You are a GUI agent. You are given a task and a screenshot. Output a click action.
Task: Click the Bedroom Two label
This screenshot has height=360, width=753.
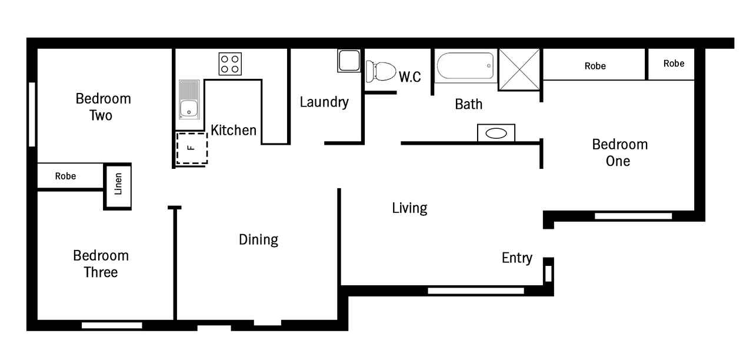point(103,107)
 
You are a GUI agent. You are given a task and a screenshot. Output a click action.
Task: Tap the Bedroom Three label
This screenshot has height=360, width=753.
point(101,264)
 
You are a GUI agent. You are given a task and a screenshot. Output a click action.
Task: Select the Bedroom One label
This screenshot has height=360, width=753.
point(619,152)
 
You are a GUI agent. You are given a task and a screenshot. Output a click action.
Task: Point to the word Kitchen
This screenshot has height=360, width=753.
point(234,130)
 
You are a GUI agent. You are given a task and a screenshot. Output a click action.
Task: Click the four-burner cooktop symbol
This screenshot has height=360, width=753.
point(230,64)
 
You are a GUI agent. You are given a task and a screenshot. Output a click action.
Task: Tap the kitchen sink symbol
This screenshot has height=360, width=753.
point(189,99)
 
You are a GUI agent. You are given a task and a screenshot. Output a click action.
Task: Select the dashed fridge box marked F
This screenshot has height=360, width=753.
point(192,148)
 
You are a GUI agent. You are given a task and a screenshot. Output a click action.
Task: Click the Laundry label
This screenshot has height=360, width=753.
point(324,102)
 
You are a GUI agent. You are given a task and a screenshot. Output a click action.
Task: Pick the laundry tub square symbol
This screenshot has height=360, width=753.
point(349,61)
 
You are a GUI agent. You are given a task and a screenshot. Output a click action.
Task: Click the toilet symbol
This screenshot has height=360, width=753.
point(381,71)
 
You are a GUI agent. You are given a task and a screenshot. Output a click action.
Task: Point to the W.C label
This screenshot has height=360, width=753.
point(410,77)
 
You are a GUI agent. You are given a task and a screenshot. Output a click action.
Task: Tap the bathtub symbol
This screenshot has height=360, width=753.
point(465,66)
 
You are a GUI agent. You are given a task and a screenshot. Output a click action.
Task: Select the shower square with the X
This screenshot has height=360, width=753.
point(519,69)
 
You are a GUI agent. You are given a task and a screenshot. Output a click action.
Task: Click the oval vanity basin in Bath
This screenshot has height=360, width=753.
point(496,134)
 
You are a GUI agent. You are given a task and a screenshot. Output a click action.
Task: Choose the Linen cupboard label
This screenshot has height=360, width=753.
point(118,184)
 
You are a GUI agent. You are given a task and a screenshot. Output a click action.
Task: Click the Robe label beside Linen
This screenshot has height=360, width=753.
point(65,176)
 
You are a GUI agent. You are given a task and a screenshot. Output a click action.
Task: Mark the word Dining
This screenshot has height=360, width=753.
point(258,240)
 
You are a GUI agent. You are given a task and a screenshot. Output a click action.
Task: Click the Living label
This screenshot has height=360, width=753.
point(409,208)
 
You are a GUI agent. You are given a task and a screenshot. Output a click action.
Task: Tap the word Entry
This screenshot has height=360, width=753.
point(517,258)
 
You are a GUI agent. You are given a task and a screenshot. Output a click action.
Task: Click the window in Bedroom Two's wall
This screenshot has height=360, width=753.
point(32,114)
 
